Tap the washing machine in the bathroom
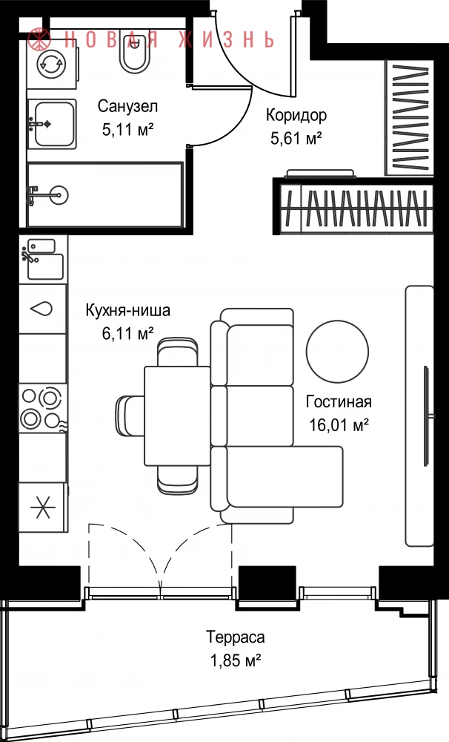click(x=52, y=64)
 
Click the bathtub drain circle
click(x=60, y=194)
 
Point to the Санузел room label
click(x=127, y=106)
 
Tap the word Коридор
click(x=296, y=115)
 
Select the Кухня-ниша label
click(x=127, y=311)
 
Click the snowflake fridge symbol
click(x=43, y=508)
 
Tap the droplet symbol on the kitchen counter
click(x=41, y=309)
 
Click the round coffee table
click(x=337, y=352)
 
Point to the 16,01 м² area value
click(x=339, y=425)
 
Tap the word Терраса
click(x=235, y=637)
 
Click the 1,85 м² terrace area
click(x=236, y=660)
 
